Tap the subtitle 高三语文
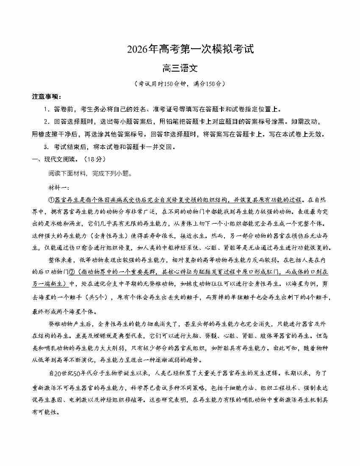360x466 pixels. click(x=180, y=68)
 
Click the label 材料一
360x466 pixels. click(x=59, y=187)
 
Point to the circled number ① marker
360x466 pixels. click(x=53, y=200)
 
